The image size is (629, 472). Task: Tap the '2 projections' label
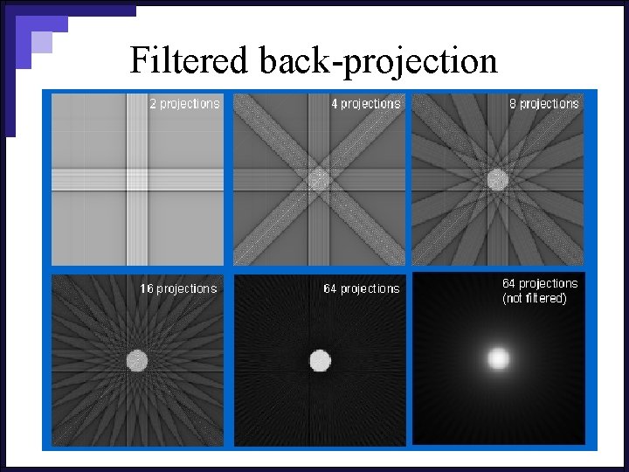click(184, 103)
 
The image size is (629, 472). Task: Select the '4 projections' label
click(365, 103)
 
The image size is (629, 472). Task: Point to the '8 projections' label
click(544, 103)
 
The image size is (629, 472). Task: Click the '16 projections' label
click(179, 288)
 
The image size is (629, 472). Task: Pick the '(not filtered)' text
click(535, 299)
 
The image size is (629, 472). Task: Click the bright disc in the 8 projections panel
click(497, 179)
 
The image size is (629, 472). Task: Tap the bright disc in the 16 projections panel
click(136, 359)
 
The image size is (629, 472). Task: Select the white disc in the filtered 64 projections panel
click(320, 359)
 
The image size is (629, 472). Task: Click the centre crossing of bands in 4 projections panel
click(319, 179)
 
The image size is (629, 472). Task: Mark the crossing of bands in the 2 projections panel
click(138, 179)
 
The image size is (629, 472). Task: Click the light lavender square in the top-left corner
click(41, 42)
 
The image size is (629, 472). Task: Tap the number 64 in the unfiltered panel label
click(510, 284)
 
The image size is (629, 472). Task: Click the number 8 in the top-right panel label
click(514, 103)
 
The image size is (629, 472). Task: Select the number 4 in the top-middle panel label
click(335, 103)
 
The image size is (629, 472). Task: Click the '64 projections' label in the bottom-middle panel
click(361, 288)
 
